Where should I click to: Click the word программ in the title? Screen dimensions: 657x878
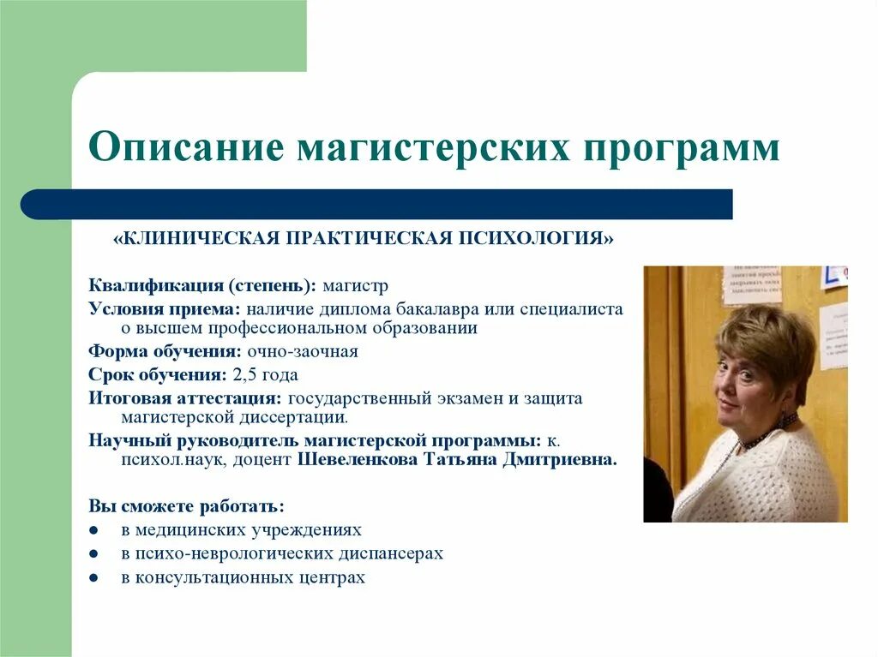(x=685, y=148)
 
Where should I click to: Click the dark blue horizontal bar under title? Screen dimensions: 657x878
(x=377, y=204)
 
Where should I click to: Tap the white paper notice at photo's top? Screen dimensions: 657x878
(x=751, y=285)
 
